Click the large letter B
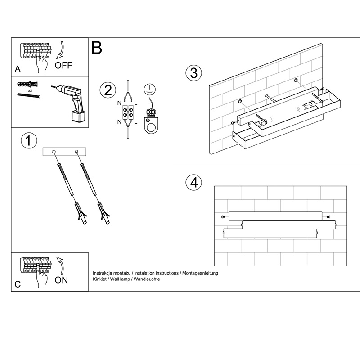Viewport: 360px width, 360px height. (x=97, y=48)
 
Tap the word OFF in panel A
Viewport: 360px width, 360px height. (x=63, y=65)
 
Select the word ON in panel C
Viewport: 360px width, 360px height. (x=61, y=280)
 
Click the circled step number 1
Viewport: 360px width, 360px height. (x=29, y=140)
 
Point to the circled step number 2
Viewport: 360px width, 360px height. (x=108, y=90)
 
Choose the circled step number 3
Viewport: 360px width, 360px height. (x=194, y=73)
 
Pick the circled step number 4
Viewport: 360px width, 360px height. (x=194, y=183)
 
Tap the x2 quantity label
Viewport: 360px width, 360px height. (x=30, y=91)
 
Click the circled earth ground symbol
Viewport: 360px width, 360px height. (x=150, y=90)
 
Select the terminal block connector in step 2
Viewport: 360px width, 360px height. (x=128, y=112)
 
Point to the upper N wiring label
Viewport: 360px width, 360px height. (x=119, y=103)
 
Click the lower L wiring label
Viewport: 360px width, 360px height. (x=136, y=122)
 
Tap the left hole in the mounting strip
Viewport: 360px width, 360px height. (x=54, y=152)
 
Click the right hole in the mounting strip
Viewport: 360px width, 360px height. (x=76, y=152)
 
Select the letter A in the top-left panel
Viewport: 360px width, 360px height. (x=18, y=69)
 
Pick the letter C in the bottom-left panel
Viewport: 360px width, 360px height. (x=18, y=284)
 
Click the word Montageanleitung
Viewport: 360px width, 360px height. (x=200, y=273)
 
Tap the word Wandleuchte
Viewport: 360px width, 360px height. (x=147, y=279)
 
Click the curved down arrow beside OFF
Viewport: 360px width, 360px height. (x=61, y=50)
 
